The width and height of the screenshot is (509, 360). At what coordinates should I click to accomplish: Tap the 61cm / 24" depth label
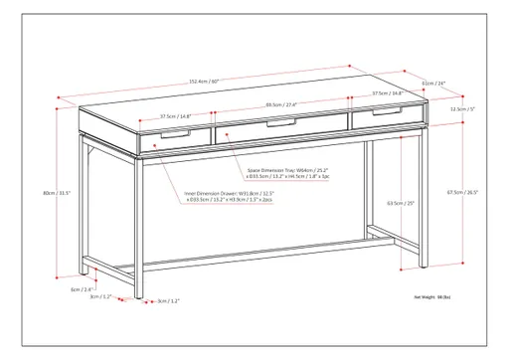[434, 84]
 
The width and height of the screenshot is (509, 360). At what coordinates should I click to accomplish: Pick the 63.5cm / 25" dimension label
[402, 203]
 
